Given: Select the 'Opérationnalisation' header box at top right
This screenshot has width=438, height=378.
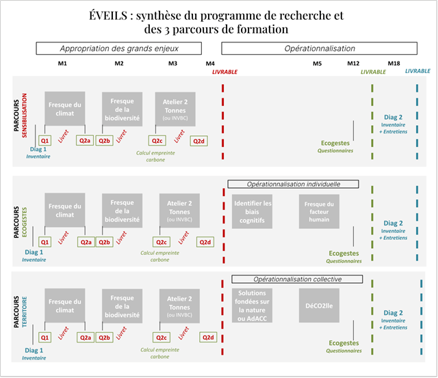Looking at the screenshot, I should [x=320, y=49].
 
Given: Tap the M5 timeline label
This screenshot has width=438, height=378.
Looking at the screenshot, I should [x=318, y=64].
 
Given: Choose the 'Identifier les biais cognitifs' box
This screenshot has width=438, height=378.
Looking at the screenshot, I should [x=253, y=211].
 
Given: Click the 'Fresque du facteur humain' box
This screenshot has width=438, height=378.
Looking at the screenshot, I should [x=319, y=211].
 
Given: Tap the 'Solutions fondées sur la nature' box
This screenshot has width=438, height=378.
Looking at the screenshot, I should [x=253, y=306].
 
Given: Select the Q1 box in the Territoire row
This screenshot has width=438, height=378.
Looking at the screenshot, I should [x=44, y=337].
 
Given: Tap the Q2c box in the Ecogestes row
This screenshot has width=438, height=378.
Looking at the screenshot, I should [x=161, y=242].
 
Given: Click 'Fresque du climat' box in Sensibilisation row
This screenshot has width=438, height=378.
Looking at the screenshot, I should [x=65, y=109].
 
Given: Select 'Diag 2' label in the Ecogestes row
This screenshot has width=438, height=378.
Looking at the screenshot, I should [x=393, y=223].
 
